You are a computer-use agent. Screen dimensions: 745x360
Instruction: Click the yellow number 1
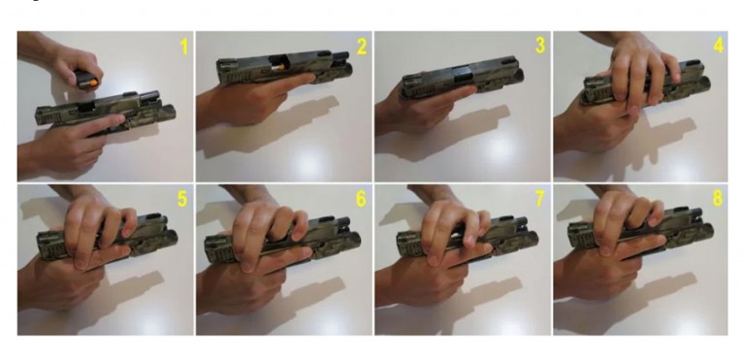click(184, 47)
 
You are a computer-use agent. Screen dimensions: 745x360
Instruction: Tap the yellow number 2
click(362, 47)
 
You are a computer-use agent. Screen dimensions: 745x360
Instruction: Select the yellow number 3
click(539, 46)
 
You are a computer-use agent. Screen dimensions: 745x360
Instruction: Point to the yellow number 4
click(719, 46)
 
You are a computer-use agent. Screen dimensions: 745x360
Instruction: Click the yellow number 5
click(182, 199)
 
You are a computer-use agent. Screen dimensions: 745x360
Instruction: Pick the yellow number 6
click(361, 199)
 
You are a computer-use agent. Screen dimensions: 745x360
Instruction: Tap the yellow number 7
click(539, 199)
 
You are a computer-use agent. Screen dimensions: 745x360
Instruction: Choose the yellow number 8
click(718, 198)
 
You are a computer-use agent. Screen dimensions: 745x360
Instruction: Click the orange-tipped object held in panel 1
click(88, 80)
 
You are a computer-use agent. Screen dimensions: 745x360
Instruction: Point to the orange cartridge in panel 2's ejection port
click(276, 70)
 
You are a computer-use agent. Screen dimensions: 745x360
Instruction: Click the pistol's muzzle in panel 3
click(517, 75)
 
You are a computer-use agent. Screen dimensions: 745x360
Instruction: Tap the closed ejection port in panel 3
click(461, 74)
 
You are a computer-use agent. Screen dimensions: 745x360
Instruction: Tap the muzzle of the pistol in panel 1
click(167, 114)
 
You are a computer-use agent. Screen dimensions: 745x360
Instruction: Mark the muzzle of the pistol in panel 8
click(705, 232)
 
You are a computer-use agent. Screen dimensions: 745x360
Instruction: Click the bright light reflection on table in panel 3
click(499, 149)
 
